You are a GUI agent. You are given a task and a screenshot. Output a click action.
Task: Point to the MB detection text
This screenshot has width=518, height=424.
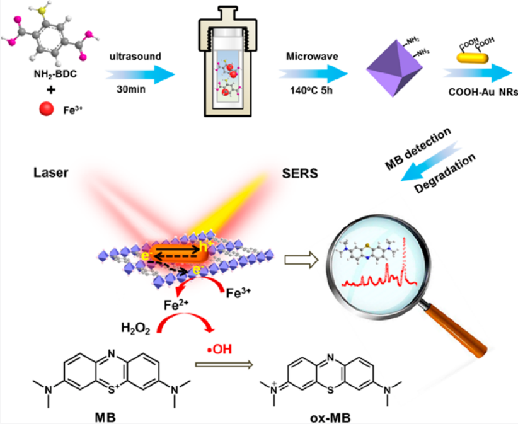tap(420, 147)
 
